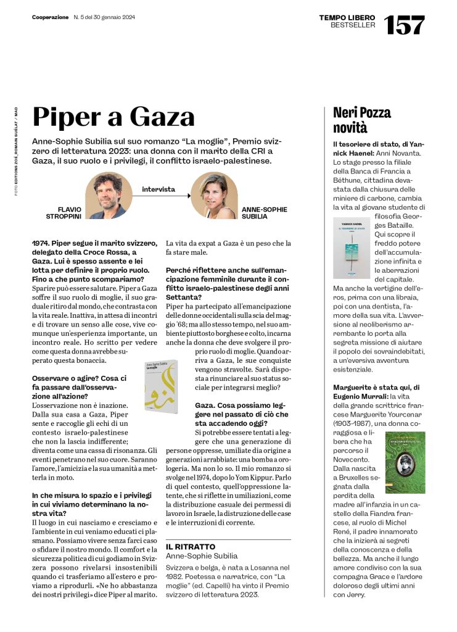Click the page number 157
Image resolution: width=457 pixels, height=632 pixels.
point(405,24)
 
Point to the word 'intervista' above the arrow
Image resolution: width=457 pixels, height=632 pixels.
point(159,189)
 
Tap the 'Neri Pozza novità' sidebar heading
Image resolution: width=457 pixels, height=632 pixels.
point(361,120)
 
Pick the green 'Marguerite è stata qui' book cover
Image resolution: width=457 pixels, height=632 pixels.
point(405,462)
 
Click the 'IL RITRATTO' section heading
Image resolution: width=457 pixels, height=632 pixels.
point(191,547)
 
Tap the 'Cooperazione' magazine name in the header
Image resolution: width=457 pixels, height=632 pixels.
point(51,17)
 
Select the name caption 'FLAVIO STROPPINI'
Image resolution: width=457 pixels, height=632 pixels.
point(64,213)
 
